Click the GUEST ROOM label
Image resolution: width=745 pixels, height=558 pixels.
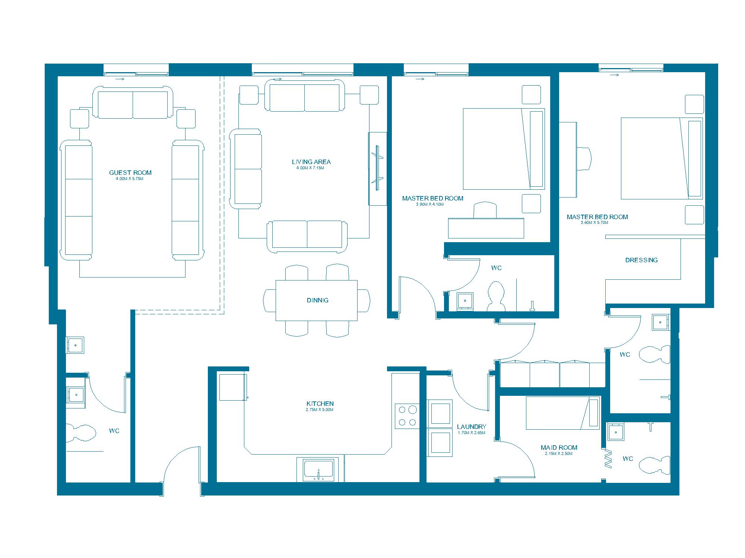point(130,173)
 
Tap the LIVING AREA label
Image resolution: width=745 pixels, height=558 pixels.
point(311,162)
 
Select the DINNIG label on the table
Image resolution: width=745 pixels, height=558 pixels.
point(318,300)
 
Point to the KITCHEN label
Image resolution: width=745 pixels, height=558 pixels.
point(320,404)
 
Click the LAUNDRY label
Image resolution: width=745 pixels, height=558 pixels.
point(472,427)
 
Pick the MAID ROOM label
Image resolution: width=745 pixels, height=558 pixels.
point(559,448)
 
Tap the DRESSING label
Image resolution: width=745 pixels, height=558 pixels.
point(641,260)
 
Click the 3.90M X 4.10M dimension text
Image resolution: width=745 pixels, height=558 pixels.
point(430,204)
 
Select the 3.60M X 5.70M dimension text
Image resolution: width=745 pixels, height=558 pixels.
point(595,223)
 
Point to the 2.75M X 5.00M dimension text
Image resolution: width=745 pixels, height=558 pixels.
point(320,410)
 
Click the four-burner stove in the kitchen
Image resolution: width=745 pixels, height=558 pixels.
point(407,416)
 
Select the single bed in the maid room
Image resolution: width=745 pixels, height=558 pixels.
point(562,413)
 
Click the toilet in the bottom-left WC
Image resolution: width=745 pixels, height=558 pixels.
point(81,433)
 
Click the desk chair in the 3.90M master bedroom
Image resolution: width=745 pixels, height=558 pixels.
point(485,210)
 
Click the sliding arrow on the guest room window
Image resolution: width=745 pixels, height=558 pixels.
point(120,79)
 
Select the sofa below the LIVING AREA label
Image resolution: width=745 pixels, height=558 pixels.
point(307,236)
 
